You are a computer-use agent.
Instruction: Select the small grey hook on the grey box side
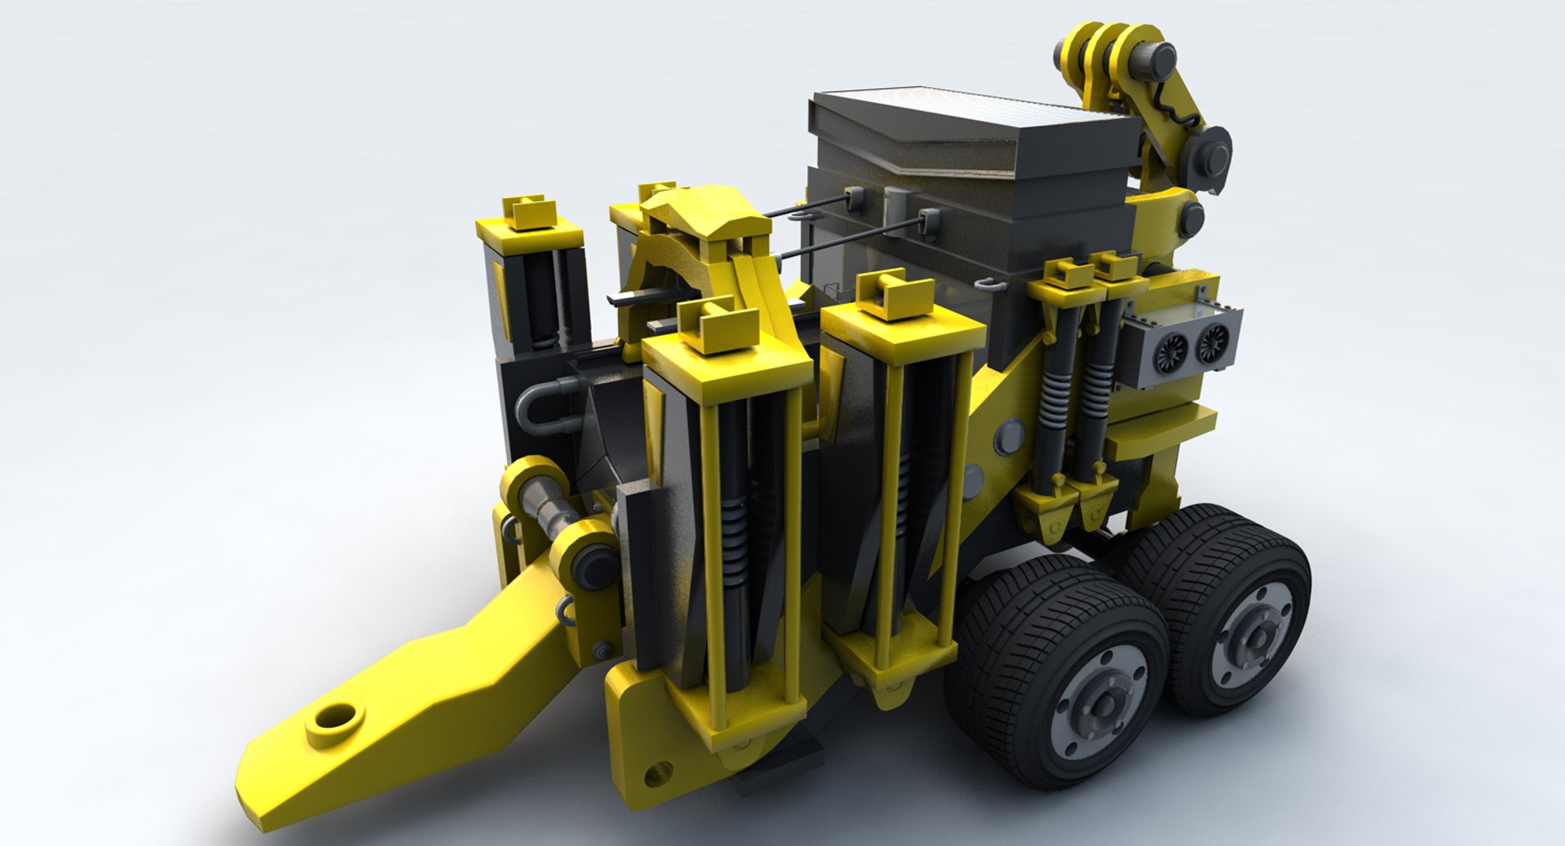tap(987, 284)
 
